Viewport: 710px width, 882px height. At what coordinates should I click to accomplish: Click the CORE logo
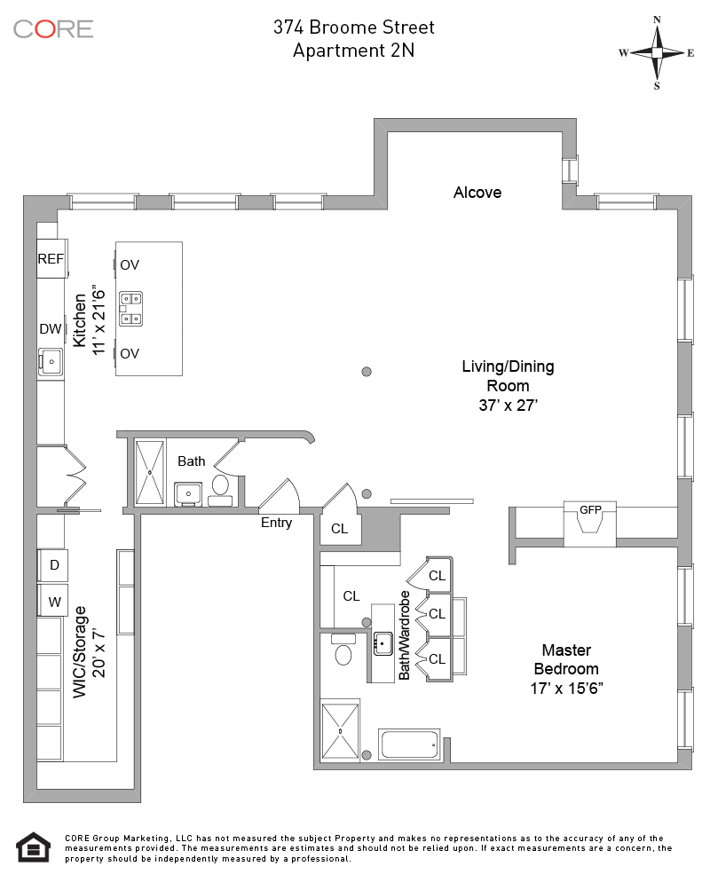pyautogui.click(x=53, y=28)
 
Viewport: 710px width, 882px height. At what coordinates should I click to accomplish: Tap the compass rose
pyautogui.click(x=657, y=52)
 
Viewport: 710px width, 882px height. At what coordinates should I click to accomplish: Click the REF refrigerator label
pyautogui.click(x=51, y=259)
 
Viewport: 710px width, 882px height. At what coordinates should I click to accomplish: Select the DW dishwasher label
pyautogui.click(x=51, y=329)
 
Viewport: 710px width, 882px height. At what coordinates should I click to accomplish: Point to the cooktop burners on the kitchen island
pyautogui.click(x=131, y=309)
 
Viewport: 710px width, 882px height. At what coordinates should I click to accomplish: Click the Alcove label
pyautogui.click(x=477, y=193)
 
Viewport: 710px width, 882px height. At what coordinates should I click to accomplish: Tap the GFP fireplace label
pyautogui.click(x=590, y=510)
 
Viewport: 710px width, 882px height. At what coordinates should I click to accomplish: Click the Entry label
pyautogui.click(x=276, y=523)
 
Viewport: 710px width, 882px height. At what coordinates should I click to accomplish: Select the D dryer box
pyautogui.click(x=53, y=565)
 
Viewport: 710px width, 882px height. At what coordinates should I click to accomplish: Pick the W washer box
pyautogui.click(x=53, y=602)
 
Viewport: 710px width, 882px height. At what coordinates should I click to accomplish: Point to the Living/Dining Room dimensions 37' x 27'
pyautogui.click(x=508, y=404)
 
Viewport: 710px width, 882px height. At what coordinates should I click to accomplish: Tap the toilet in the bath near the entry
pyautogui.click(x=220, y=486)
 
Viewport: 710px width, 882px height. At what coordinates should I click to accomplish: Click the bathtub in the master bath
pyautogui.click(x=409, y=744)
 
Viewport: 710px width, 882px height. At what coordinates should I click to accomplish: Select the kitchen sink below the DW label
pyautogui.click(x=51, y=361)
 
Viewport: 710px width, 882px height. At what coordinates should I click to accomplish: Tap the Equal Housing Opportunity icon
pyautogui.click(x=31, y=847)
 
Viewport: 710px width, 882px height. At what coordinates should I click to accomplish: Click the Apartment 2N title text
pyautogui.click(x=354, y=51)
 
